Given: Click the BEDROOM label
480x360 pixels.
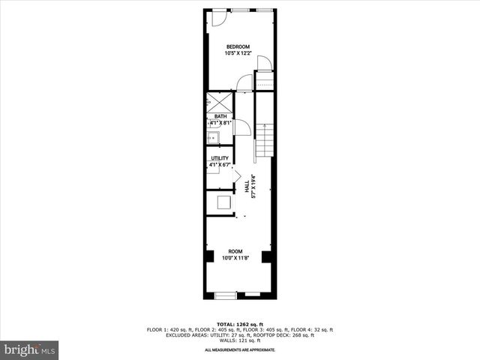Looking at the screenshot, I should tap(238, 46).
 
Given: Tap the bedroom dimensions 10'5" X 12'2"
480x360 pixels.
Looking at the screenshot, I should tap(238, 53).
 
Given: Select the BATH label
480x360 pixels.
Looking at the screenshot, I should tap(220, 116).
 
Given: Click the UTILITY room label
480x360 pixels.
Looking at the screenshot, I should tap(220, 158).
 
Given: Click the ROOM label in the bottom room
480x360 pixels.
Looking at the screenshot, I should tap(235, 252).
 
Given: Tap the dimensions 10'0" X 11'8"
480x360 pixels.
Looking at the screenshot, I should tap(235, 259).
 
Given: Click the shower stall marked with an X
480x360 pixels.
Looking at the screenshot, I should tap(218, 102).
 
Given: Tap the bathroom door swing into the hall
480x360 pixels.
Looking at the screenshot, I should tap(241, 128).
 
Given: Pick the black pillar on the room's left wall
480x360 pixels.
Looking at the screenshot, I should tap(208, 256).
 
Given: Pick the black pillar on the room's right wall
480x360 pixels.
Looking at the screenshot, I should tap(265, 256).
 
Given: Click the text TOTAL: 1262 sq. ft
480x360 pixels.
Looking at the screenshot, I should tap(239, 323).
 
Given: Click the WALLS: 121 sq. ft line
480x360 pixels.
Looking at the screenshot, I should tap(239, 341).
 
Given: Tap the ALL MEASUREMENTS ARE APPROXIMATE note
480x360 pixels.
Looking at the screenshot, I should tap(239, 350).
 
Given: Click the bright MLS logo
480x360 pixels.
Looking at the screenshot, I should tap(30, 350).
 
